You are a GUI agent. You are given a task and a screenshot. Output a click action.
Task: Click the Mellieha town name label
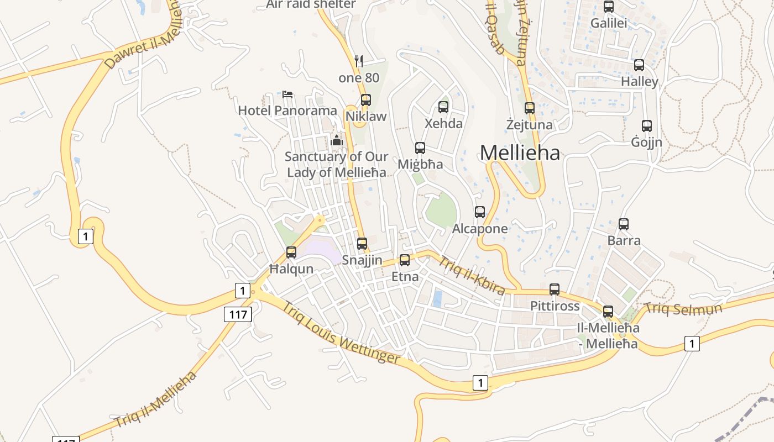[520, 153]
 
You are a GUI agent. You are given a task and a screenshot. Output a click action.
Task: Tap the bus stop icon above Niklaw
[365, 100]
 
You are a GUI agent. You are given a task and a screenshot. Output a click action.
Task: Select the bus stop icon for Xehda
[443, 107]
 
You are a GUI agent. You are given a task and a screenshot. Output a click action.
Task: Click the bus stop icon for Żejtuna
[530, 108]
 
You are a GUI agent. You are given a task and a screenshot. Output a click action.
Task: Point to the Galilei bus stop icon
[609, 7]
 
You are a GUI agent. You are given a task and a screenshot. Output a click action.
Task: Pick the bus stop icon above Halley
[639, 65]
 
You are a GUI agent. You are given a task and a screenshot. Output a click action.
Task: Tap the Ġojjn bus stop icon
[647, 126]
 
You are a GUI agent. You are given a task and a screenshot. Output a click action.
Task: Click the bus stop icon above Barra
[624, 224]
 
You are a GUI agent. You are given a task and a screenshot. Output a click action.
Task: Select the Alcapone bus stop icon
[480, 212]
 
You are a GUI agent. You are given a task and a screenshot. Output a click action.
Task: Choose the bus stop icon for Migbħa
[420, 148]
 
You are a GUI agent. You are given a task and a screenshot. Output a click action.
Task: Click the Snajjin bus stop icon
[362, 244]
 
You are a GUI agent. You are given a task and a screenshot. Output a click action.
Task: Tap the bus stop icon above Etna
[405, 260]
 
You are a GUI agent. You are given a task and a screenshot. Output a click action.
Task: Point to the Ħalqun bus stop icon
[291, 252]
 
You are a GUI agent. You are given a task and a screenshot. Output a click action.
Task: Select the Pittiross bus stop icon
[555, 290]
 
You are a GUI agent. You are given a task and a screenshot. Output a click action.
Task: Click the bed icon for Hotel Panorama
[287, 94]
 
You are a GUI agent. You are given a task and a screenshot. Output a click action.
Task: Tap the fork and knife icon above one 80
[359, 61]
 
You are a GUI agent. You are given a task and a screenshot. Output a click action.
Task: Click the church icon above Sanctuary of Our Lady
[337, 140]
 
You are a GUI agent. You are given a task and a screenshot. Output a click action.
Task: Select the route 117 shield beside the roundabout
[238, 315]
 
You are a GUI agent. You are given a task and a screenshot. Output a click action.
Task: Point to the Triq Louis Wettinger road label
[342, 333]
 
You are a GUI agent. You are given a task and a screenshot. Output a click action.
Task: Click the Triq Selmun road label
[683, 309]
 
